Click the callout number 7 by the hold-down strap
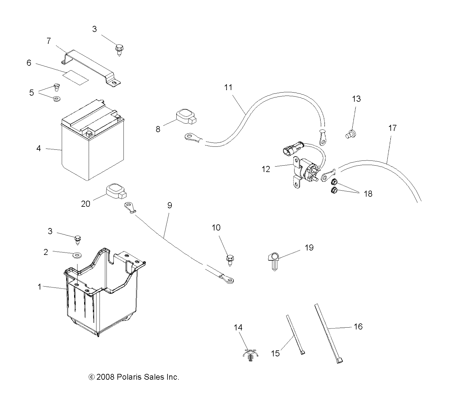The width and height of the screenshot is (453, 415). (x=49, y=41)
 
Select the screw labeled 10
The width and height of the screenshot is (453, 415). (x=230, y=261)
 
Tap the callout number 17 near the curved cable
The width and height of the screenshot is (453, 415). (x=392, y=128)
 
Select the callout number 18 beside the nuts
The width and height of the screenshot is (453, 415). (x=368, y=194)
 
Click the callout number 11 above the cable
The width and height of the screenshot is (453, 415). (x=228, y=87)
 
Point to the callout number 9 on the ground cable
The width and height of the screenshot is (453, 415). (x=170, y=206)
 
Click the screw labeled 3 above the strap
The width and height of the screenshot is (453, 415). (x=119, y=49)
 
